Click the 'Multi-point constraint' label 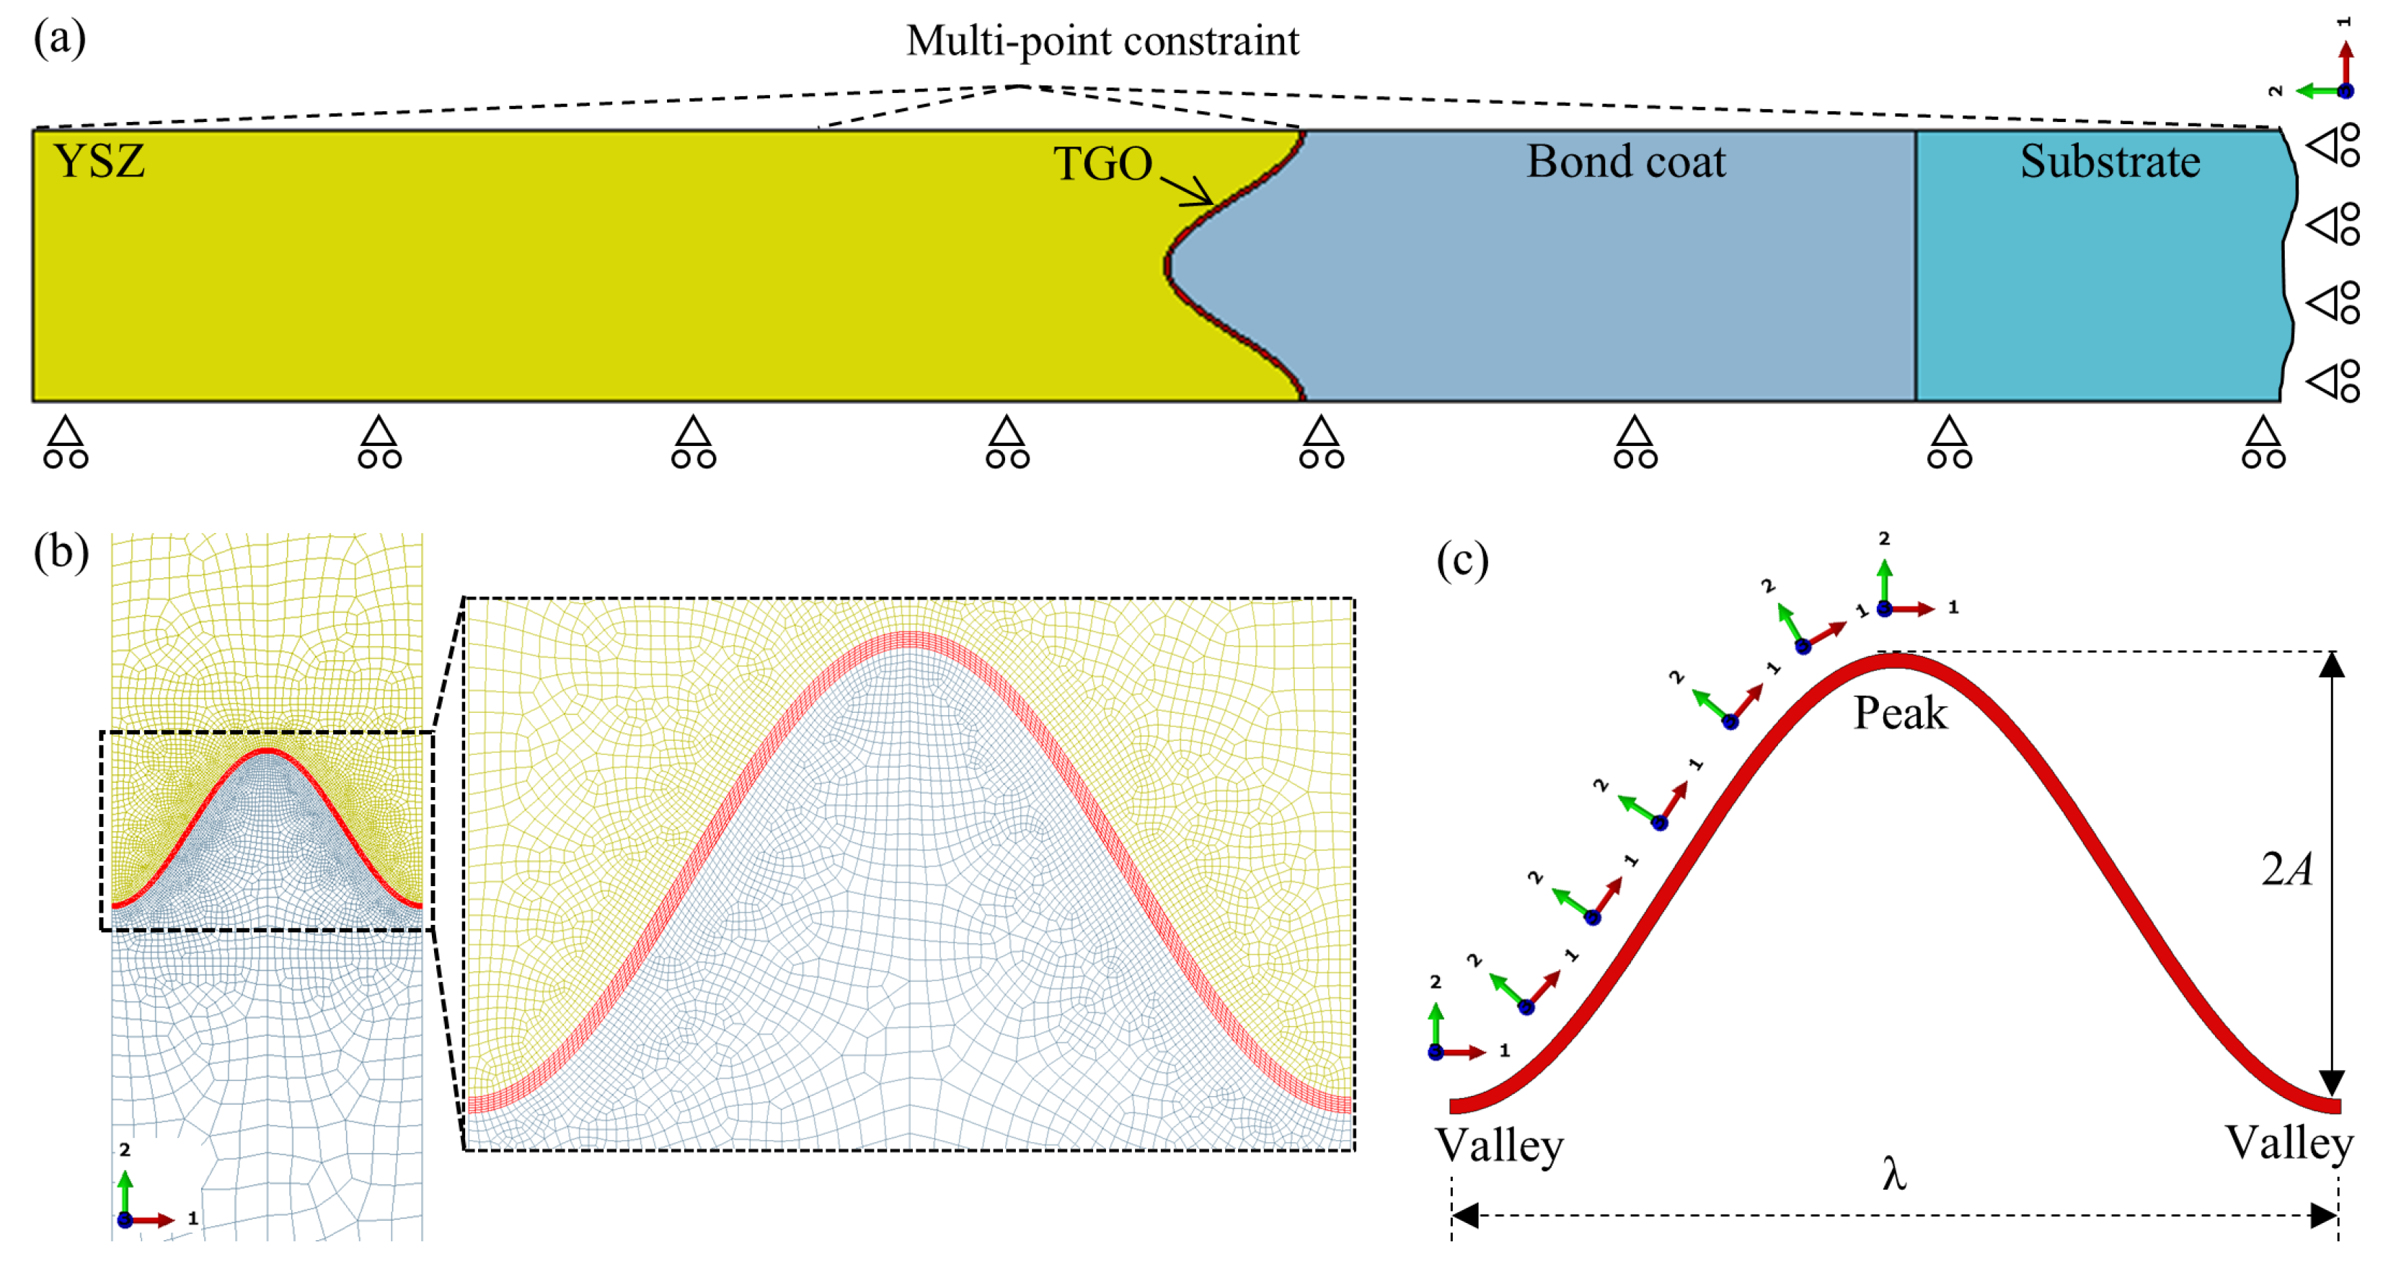1102,40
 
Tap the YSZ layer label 99,161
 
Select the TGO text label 1102,164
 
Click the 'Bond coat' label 1625,161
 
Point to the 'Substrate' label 2109,161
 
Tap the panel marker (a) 59,39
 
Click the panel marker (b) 61,553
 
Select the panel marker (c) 1462,560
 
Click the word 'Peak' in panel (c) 1900,714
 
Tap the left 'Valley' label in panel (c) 1498,1146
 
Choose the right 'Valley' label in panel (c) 2289,1143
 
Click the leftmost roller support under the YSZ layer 66,442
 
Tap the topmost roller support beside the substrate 2332,145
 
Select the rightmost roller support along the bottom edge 2263,442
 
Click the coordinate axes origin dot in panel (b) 125,1220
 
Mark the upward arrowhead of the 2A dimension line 2331,664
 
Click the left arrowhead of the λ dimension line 1464,1215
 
